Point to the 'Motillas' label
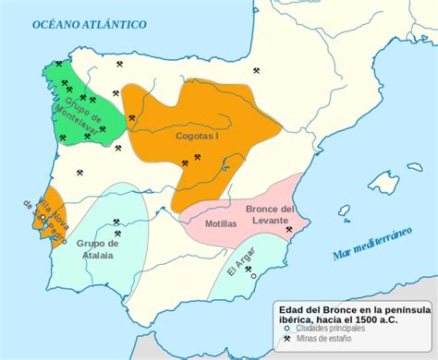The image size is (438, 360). coord(220,223)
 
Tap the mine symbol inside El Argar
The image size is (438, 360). coord(249,269)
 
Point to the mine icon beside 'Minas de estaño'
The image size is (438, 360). coord(287,339)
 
